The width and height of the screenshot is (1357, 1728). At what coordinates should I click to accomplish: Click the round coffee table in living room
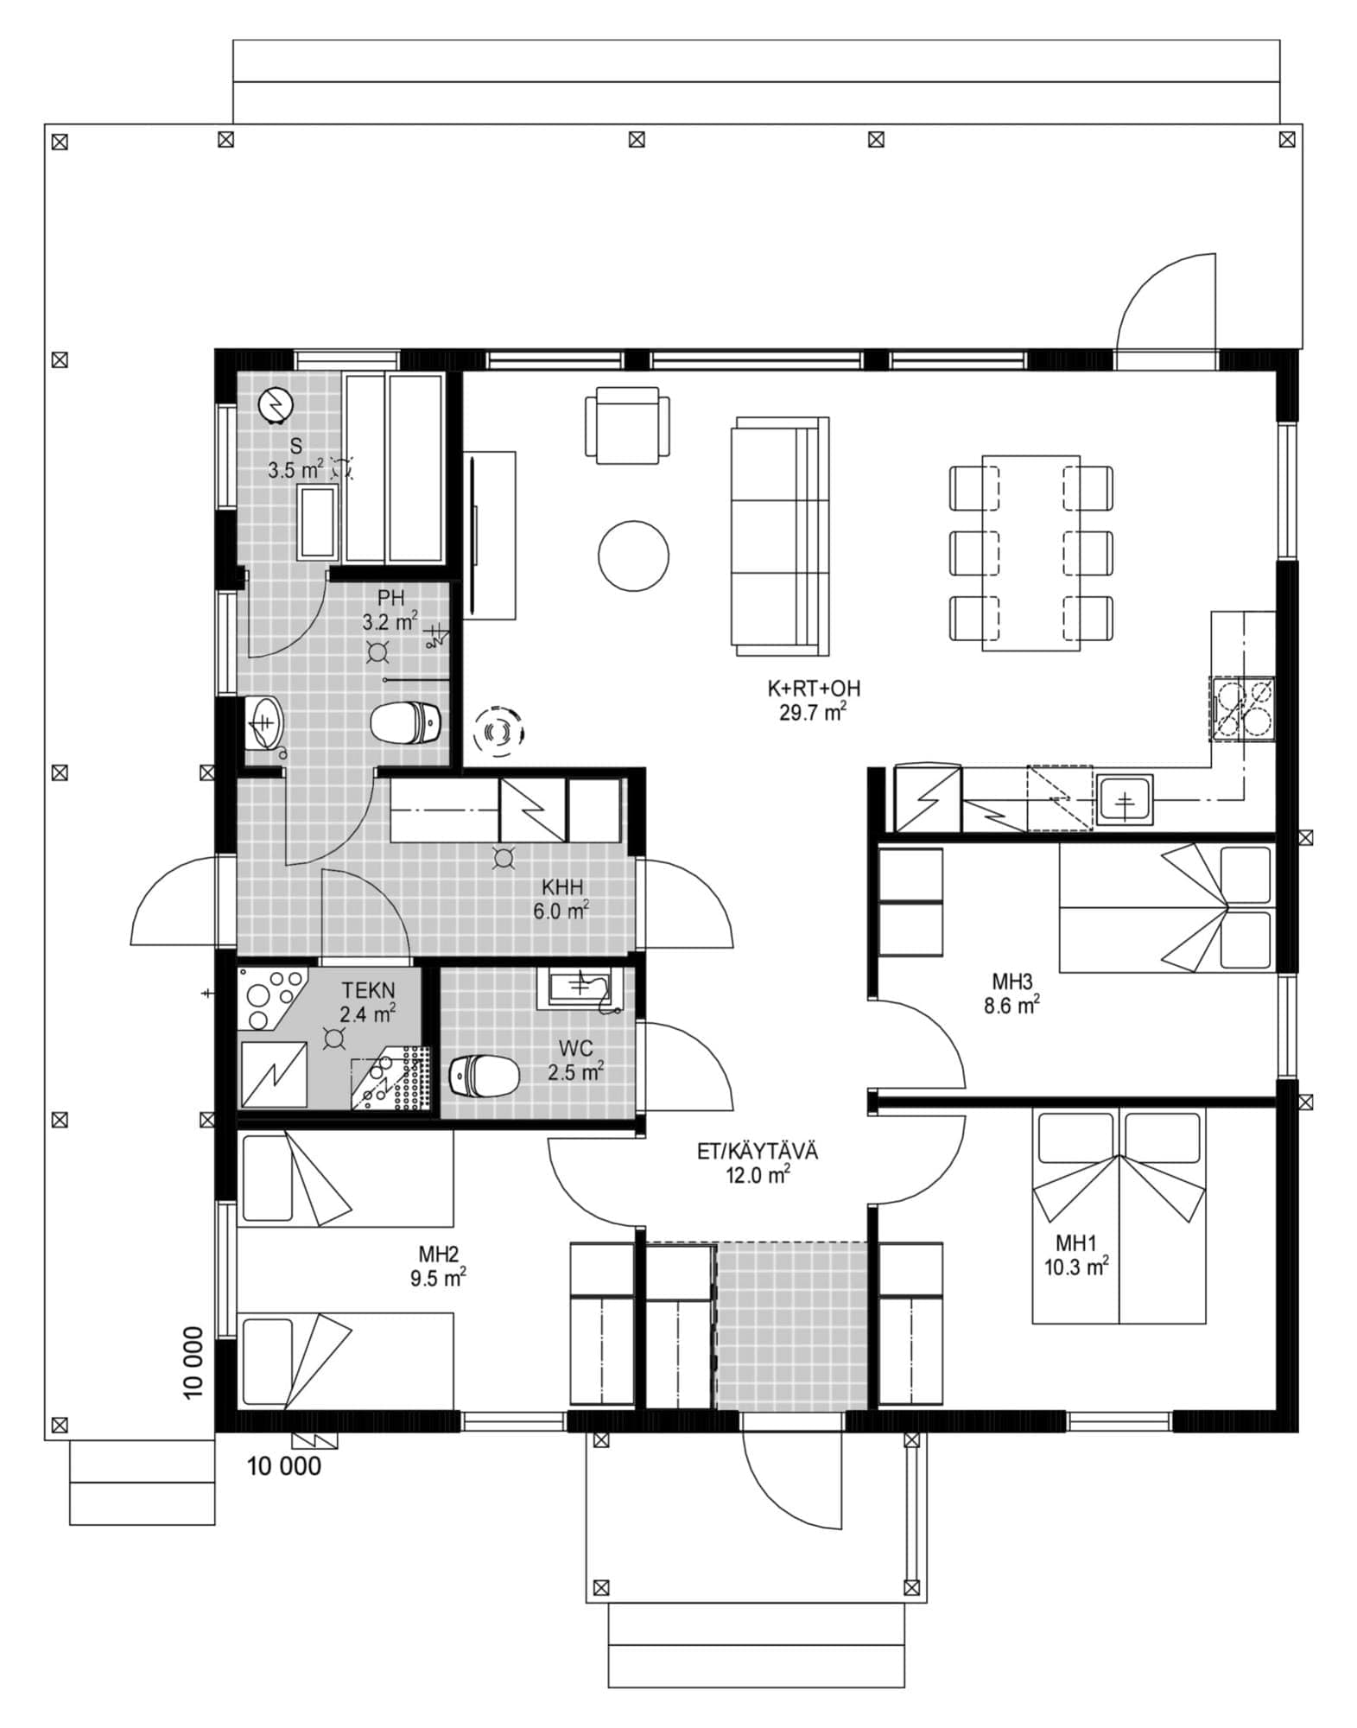pos(633,556)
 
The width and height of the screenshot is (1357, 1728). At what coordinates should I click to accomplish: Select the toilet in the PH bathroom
pos(406,721)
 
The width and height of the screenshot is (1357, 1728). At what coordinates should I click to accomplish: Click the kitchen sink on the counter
pos(1125,799)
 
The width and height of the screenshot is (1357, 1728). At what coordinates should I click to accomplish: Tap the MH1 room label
pos(1075,1242)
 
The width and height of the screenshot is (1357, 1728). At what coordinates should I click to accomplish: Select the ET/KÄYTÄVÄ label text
pos(758,1151)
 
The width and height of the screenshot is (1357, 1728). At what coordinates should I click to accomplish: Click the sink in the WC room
pos(580,987)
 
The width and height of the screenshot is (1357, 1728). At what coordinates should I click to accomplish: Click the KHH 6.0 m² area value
pos(561,911)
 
